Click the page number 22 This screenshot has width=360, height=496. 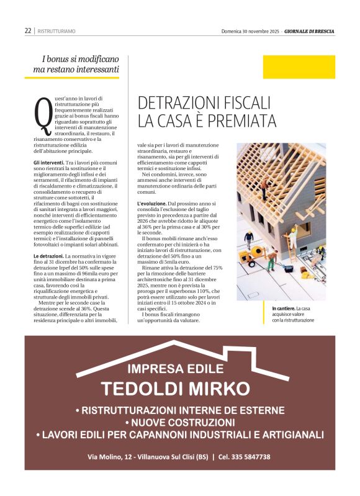coord(28,30)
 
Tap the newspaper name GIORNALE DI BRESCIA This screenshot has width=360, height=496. coord(310,30)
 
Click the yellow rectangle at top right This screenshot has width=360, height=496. coord(299,67)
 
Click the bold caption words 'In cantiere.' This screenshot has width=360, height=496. coord(283,308)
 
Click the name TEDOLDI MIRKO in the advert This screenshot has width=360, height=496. coord(176,389)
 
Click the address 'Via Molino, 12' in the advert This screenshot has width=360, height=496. coord(109,456)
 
